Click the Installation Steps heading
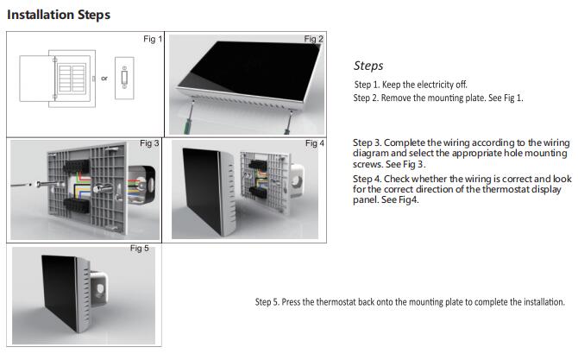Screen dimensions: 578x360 click(59, 15)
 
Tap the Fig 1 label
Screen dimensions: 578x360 click(153, 39)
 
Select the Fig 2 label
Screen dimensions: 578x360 click(314, 39)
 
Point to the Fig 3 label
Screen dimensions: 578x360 click(149, 143)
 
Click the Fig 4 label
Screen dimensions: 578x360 click(315, 143)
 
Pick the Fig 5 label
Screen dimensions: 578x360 click(140, 249)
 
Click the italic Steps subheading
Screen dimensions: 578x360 click(368, 66)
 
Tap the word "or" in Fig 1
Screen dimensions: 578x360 click(104, 79)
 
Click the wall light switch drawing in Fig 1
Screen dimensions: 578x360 click(124, 78)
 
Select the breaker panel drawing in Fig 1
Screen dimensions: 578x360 click(58, 79)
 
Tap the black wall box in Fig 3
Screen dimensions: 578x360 click(142, 184)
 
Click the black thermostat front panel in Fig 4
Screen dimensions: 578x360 click(202, 191)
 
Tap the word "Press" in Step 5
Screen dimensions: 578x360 click(292, 302)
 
